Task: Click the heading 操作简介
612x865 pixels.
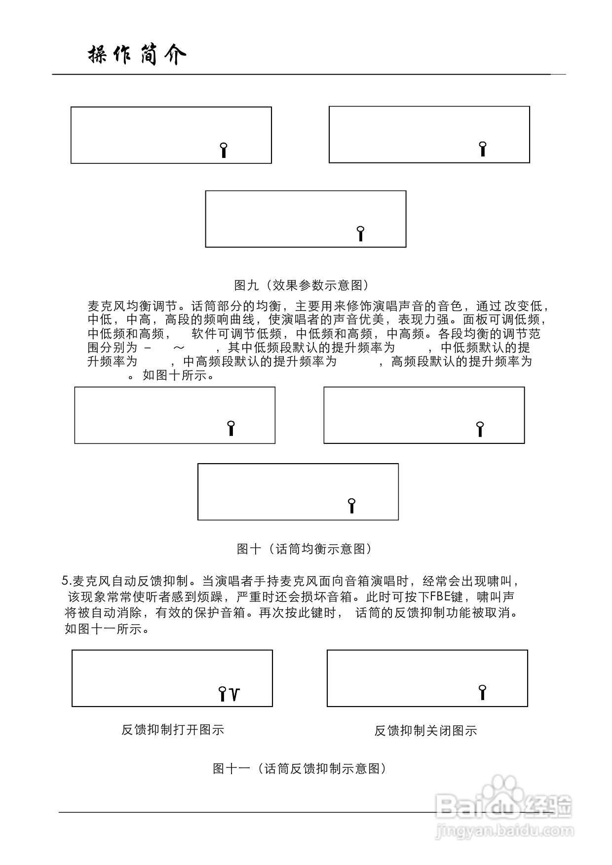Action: click(x=137, y=55)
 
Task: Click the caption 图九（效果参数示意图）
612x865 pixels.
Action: click(x=302, y=285)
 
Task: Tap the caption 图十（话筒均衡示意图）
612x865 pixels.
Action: click(x=304, y=549)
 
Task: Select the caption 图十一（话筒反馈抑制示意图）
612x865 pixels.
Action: click(x=299, y=768)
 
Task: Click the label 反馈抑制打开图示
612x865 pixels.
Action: click(x=173, y=730)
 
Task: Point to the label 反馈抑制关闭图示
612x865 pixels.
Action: click(x=425, y=731)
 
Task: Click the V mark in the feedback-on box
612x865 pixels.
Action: click(x=235, y=695)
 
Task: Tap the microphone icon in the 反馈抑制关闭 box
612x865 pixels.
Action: click(x=483, y=692)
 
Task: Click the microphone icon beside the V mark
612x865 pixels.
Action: click(x=223, y=694)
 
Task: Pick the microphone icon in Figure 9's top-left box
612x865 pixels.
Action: click(x=224, y=150)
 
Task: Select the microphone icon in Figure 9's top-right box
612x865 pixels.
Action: click(x=483, y=149)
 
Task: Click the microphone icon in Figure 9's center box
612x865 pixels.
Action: click(x=361, y=233)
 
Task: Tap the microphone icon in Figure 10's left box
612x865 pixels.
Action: click(x=230, y=428)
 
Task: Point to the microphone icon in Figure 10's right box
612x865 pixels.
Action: click(x=480, y=429)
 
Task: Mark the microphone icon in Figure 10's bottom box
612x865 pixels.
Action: click(x=351, y=506)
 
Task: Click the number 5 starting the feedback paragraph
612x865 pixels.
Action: click(x=65, y=580)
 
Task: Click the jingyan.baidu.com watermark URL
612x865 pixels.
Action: click(x=504, y=831)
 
